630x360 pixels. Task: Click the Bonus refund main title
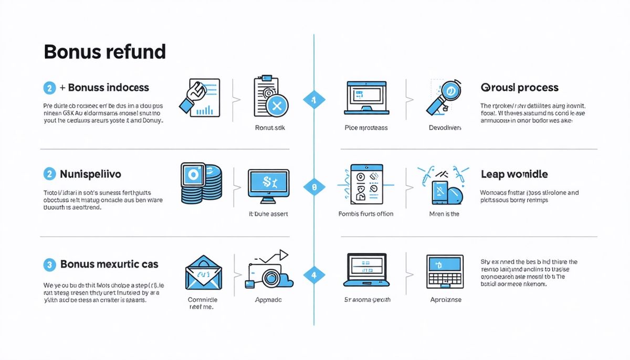pos(104,52)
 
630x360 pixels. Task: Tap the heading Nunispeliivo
pos(91,174)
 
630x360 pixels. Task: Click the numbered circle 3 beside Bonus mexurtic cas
pos(49,264)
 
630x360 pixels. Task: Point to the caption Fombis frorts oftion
pos(366,214)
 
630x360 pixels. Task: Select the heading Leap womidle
pos(514,174)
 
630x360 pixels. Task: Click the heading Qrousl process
pos(519,88)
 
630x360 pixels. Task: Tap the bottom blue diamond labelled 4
pos(314,274)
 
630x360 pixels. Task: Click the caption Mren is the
pos(444,214)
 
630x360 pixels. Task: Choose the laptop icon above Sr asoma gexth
pos(367,270)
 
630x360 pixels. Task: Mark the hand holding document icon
pos(200,98)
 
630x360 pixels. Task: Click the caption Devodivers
pos(444,128)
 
